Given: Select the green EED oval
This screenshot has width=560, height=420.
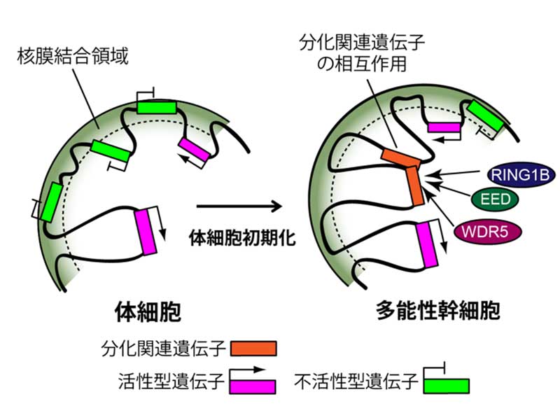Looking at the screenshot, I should pos(496,201).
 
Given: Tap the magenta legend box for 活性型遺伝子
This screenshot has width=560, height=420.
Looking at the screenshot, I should pos(248,386).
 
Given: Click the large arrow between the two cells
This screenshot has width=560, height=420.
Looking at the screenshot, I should pos(238,207).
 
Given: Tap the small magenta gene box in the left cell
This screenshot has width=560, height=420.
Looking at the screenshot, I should pos(192,150).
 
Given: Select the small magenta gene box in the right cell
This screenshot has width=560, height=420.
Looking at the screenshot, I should pos(444,127).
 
